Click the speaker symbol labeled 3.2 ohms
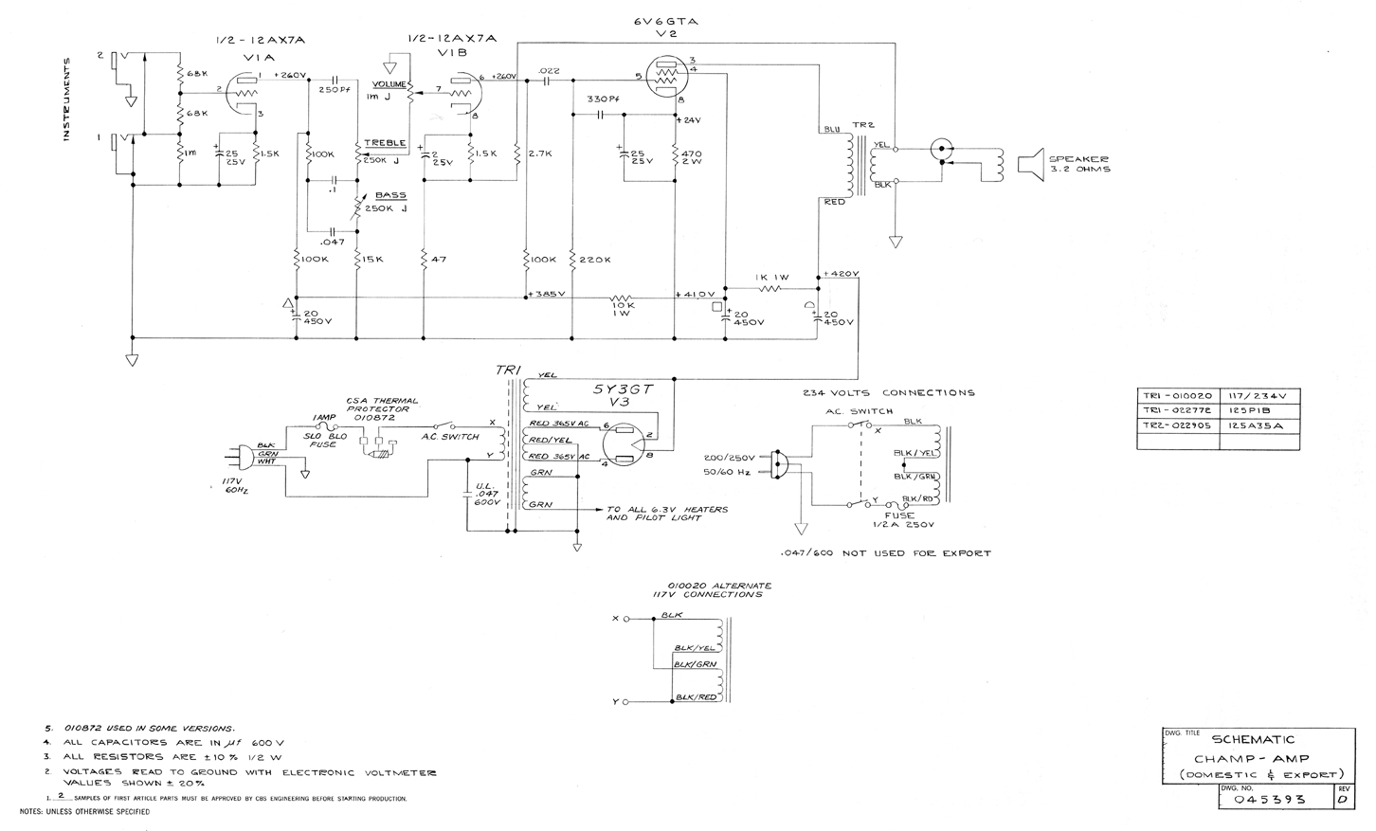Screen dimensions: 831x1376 (x=1029, y=163)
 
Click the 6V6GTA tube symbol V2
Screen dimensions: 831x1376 (x=669, y=78)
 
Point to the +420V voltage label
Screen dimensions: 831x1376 (x=841, y=274)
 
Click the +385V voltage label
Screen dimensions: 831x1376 (x=547, y=294)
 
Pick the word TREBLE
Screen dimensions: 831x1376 (x=385, y=143)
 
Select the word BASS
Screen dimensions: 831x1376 (x=390, y=195)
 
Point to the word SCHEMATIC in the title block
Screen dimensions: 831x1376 (x=1253, y=739)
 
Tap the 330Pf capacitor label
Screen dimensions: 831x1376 (x=603, y=99)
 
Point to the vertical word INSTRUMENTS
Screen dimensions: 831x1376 (x=67, y=99)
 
